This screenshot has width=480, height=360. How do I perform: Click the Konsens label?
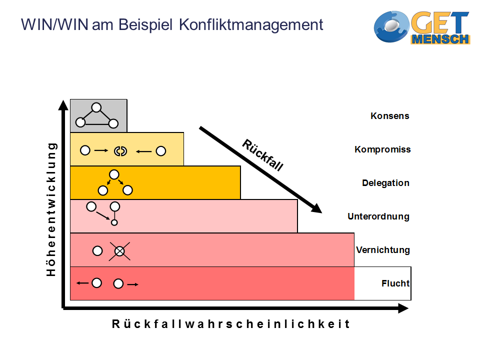click(x=389, y=116)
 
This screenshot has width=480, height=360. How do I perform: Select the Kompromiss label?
click(x=382, y=149)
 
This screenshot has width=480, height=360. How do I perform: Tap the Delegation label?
click(x=385, y=182)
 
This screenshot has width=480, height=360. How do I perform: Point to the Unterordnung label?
click(x=378, y=216)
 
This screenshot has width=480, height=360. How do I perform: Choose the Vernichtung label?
click(x=382, y=249)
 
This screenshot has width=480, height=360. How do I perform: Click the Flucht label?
click(x=395, y=283)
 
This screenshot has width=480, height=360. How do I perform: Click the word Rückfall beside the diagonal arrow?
click(x=262, y=155)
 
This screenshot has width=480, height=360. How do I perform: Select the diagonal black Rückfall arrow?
click(x=260, y=170)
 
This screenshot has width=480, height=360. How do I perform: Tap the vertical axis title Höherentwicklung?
click(x=51, y=209)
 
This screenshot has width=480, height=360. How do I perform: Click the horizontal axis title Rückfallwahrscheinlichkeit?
click(x=230, y=324)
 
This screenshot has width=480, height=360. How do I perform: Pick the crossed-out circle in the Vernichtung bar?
click(x=119, y=251)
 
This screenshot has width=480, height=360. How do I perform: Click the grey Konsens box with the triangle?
click(x=98, y=115)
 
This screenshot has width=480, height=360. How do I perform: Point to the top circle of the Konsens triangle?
click(x=96, y=107)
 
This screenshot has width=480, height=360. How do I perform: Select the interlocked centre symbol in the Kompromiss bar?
click(x=119, y=150)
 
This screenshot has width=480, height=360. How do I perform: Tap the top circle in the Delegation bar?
click(x=114, y=174)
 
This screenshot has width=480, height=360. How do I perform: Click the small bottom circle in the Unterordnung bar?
click(x=114, y=222)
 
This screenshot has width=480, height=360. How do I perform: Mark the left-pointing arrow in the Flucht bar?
click(x=82, y=283)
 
